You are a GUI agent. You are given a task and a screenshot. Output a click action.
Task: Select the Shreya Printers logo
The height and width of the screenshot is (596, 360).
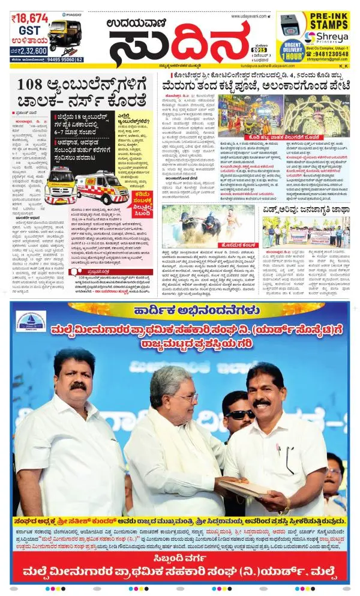pyautogui.click(x=326, y=38)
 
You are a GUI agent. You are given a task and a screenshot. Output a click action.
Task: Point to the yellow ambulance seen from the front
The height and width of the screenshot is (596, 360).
pyautogui.click(x=60, y=184)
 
